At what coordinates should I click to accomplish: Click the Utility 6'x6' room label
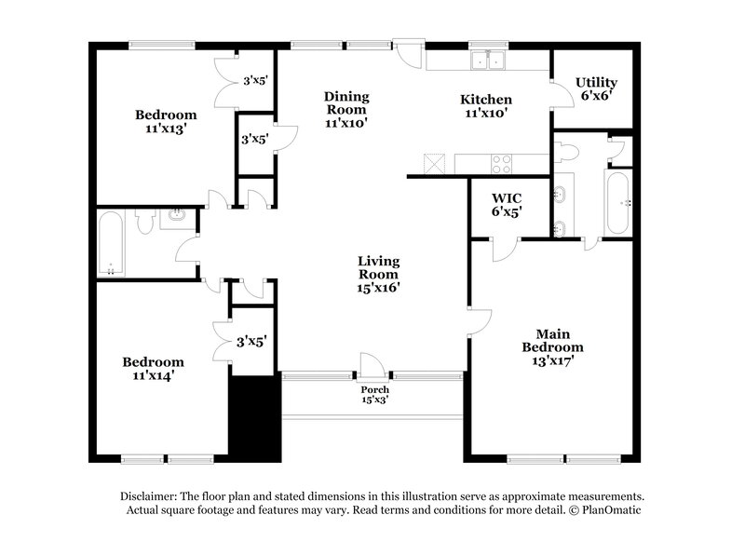(x=596, y=88)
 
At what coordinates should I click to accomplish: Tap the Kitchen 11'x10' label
(x=485, y=105)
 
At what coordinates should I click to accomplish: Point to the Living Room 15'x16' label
(x=379, y=275)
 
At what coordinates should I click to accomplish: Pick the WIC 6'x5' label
(x=507, y=205)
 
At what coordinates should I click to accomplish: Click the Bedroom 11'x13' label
(x=166, y=122)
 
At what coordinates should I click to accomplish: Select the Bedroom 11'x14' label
(x=153, y=369)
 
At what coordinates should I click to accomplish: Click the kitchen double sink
(x=486, y=62)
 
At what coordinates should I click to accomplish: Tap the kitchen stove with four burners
(x=501, y=164)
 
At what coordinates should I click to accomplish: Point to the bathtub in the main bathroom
(x=618, y=201)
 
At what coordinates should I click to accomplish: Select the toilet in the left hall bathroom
(x=144, y=222)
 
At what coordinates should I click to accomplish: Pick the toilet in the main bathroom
(x=570, y=150)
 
